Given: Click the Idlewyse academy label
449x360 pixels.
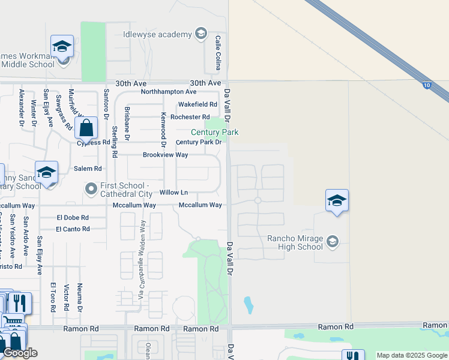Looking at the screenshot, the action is point(157,34).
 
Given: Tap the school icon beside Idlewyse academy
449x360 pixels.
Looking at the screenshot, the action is point(200,34).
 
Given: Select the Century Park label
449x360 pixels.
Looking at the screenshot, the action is point(214,132).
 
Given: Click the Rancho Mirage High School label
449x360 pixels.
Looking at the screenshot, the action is point(295,242).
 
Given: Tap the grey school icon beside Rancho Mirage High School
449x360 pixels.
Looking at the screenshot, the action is point(333,241).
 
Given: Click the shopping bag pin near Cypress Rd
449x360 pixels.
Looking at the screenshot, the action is point(86,128).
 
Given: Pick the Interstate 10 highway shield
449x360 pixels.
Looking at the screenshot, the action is point(426,86).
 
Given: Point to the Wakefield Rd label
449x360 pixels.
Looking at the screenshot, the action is point(197,104).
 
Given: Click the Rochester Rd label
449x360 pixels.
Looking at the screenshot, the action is point(190,117).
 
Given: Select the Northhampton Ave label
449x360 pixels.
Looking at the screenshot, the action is point(169,92).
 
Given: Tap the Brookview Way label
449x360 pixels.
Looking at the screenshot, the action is point(165,155).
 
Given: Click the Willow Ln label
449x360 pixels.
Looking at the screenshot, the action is point(173,193).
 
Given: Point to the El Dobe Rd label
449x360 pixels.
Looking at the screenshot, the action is point(73,217).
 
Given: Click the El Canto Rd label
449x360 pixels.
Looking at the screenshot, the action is point(73,229).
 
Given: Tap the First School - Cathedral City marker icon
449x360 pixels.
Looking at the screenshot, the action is point(91,190).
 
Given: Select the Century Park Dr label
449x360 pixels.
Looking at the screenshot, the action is point(199,142).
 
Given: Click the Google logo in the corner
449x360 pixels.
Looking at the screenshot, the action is point(20,353).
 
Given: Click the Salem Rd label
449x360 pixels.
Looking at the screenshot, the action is point(88,169).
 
